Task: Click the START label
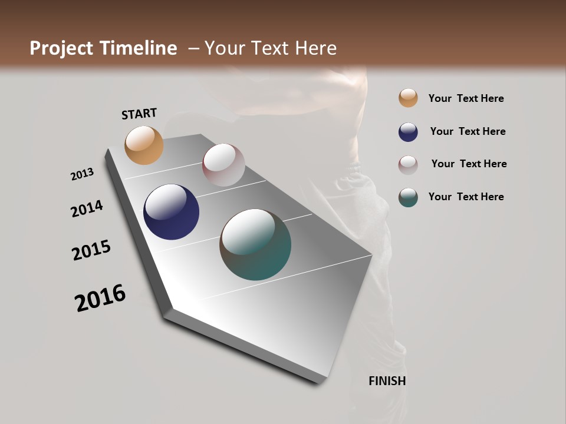click(139, 114)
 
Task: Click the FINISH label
click(387, 381)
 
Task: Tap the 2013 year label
click(82, 174)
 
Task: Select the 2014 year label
click(87, 208)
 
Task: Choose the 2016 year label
click(100, 298)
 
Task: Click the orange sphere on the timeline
click(144, 145)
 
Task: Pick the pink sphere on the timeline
click(223, 165)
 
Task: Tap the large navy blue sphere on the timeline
click(171, 212)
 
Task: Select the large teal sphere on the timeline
click(255, 244)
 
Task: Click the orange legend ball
click(408, 98)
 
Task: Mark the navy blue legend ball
click(408, 131)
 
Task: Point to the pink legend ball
click(408, 164)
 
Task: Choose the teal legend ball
click(408, 197)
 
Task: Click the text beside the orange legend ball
click(466, 98)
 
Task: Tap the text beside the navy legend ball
click(468, 131)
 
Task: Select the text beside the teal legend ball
click(466, 197)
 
